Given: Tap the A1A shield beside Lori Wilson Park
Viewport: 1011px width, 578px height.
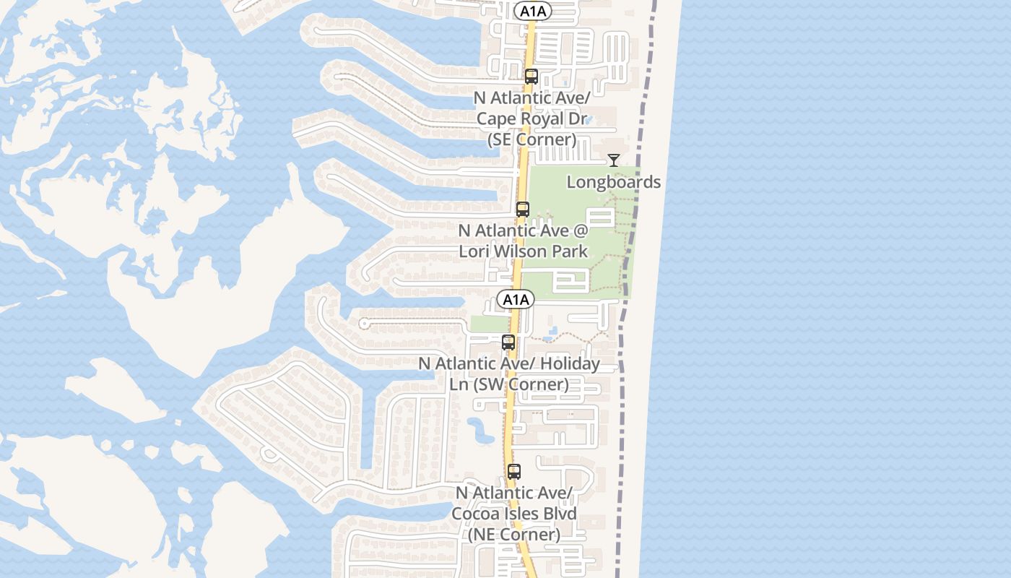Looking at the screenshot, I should (x=515, y=299).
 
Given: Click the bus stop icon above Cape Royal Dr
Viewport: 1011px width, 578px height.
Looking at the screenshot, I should (x=531, y=76).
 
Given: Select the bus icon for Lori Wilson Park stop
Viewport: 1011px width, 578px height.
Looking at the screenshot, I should (x=523, y=210).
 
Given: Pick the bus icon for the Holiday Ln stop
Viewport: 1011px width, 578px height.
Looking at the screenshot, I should (x=508, y=342).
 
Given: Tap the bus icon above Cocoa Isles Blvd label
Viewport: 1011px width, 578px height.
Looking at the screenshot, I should (x=514, y=472).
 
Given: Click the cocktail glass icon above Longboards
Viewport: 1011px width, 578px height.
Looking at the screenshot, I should (x=614, y=160).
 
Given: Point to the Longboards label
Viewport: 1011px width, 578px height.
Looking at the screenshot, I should (x=613, y=182).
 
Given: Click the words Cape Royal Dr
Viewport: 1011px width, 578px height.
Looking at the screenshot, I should (x=531, y=118).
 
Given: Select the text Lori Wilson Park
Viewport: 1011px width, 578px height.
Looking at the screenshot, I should (x=523, y=252).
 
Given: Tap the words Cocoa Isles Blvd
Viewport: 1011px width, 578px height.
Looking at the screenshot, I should (x=514, y=514).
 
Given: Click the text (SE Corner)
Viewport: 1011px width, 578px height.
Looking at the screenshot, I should (x=532, y=139).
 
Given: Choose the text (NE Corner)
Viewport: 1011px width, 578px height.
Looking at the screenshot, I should (x=513, y=535).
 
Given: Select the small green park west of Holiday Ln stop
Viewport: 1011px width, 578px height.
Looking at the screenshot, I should (x=489, y=324).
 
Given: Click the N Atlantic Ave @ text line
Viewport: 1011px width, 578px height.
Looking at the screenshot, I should (x=524, y=231).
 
